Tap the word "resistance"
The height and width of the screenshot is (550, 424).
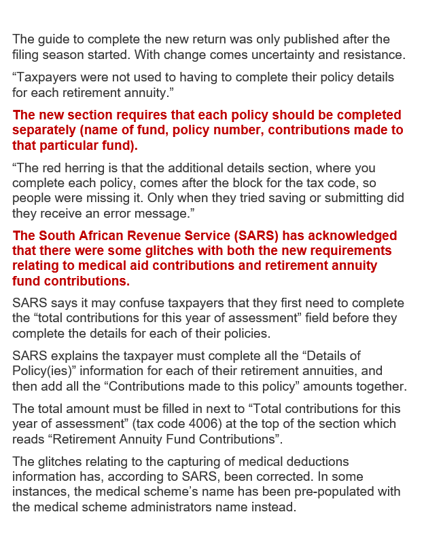pos(371,54)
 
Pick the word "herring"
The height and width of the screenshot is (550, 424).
pos(85,168)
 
